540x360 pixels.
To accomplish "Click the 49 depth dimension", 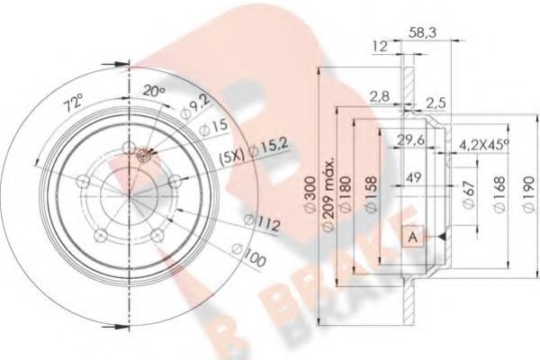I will [x=414, y=176].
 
